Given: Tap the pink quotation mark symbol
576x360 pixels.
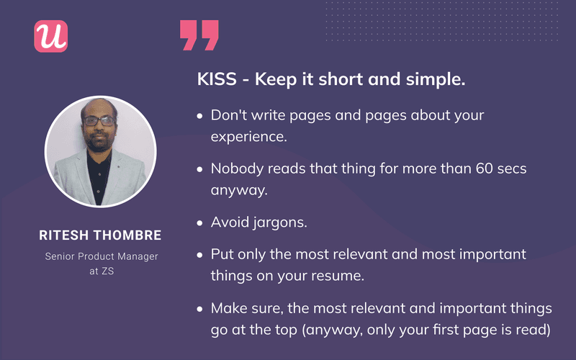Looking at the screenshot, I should (199, 35).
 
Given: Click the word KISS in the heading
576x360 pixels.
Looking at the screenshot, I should (215, 80).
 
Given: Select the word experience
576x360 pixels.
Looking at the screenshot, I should (248, 135).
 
